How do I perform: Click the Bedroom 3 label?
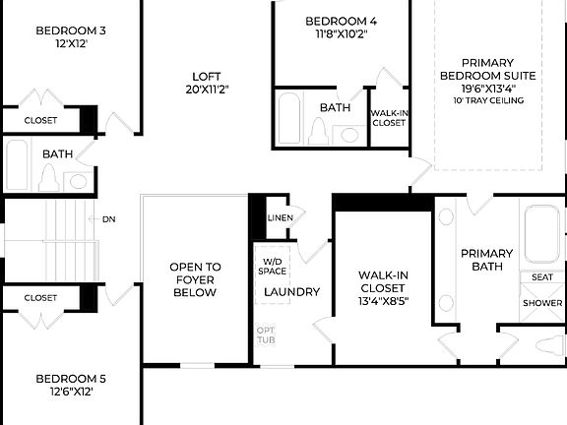71,30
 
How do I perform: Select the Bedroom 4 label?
341,21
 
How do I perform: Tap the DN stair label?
109,219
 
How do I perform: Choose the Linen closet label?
280,217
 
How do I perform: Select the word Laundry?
291,292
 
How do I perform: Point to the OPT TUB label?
266,334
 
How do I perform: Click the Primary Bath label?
487,260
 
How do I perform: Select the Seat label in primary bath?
541,277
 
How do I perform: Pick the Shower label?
541,303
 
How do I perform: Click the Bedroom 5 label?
71,378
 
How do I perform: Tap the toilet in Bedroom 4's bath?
317,129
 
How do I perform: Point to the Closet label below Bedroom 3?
40,120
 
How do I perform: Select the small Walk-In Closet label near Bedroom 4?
388,118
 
